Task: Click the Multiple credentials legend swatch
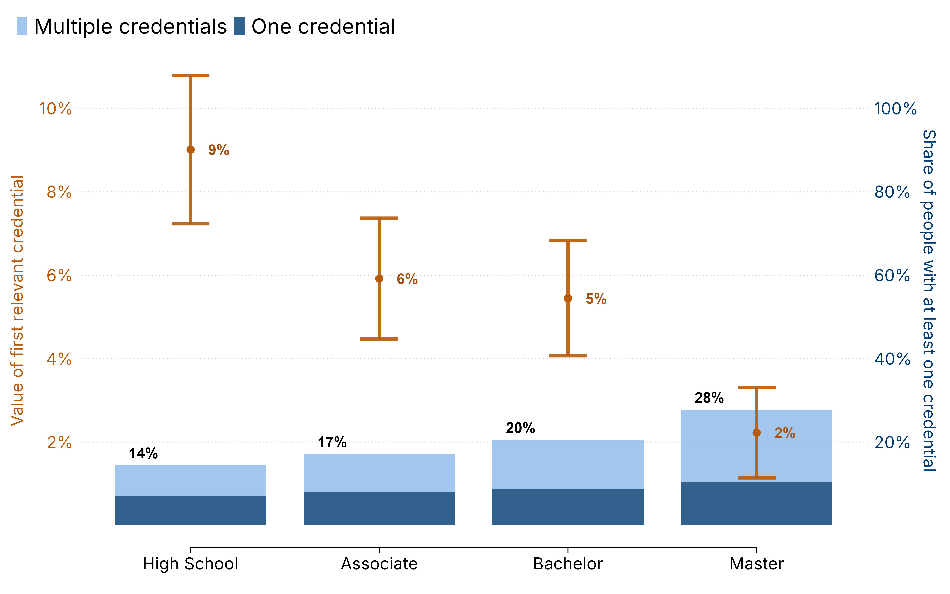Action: tap(22, 26)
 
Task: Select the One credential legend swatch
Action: tap(239, 26)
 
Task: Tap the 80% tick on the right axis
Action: tap(891, 192)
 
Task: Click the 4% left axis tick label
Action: tap(59, 359)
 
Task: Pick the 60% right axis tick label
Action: tap(891, 275)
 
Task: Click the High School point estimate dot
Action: tap(191, 150)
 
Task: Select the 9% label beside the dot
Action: tap(218, 150)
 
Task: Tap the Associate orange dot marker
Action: tap(379, 279)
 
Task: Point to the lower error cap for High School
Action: tap(191, 224)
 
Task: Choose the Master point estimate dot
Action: tap(756, 433)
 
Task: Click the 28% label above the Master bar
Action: tap(709, 398)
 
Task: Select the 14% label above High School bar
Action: tap(143, 454)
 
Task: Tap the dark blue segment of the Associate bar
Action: tap(379, 509)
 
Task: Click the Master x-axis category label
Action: tap(756, 564)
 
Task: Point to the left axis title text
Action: tap(17, 301)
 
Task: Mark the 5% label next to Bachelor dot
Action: tap(596, 299)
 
